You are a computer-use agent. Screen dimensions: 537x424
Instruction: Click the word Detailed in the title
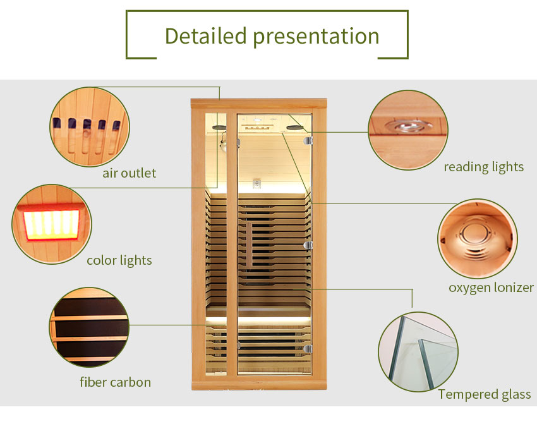205,35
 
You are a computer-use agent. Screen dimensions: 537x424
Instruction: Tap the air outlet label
129,173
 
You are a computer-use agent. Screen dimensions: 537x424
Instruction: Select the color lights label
119,260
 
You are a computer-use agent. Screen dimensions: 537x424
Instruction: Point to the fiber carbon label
115,382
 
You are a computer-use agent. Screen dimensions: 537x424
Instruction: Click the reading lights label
483,167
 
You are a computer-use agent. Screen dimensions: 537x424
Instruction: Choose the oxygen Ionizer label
491,288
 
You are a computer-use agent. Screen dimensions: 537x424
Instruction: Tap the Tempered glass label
485,394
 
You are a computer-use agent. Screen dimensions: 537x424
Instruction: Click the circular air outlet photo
90,127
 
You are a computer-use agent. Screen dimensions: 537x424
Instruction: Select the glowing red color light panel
52,222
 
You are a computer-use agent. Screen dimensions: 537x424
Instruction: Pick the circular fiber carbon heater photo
89,327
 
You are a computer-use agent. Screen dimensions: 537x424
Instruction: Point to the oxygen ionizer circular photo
478,238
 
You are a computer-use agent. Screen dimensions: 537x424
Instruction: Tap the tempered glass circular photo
418,352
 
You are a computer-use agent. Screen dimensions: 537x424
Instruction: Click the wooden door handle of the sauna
249,244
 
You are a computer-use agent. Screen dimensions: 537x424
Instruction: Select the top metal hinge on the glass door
308,140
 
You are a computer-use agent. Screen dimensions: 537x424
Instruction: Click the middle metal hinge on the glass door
308,245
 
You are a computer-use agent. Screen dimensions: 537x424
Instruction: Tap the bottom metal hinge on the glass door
308,349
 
